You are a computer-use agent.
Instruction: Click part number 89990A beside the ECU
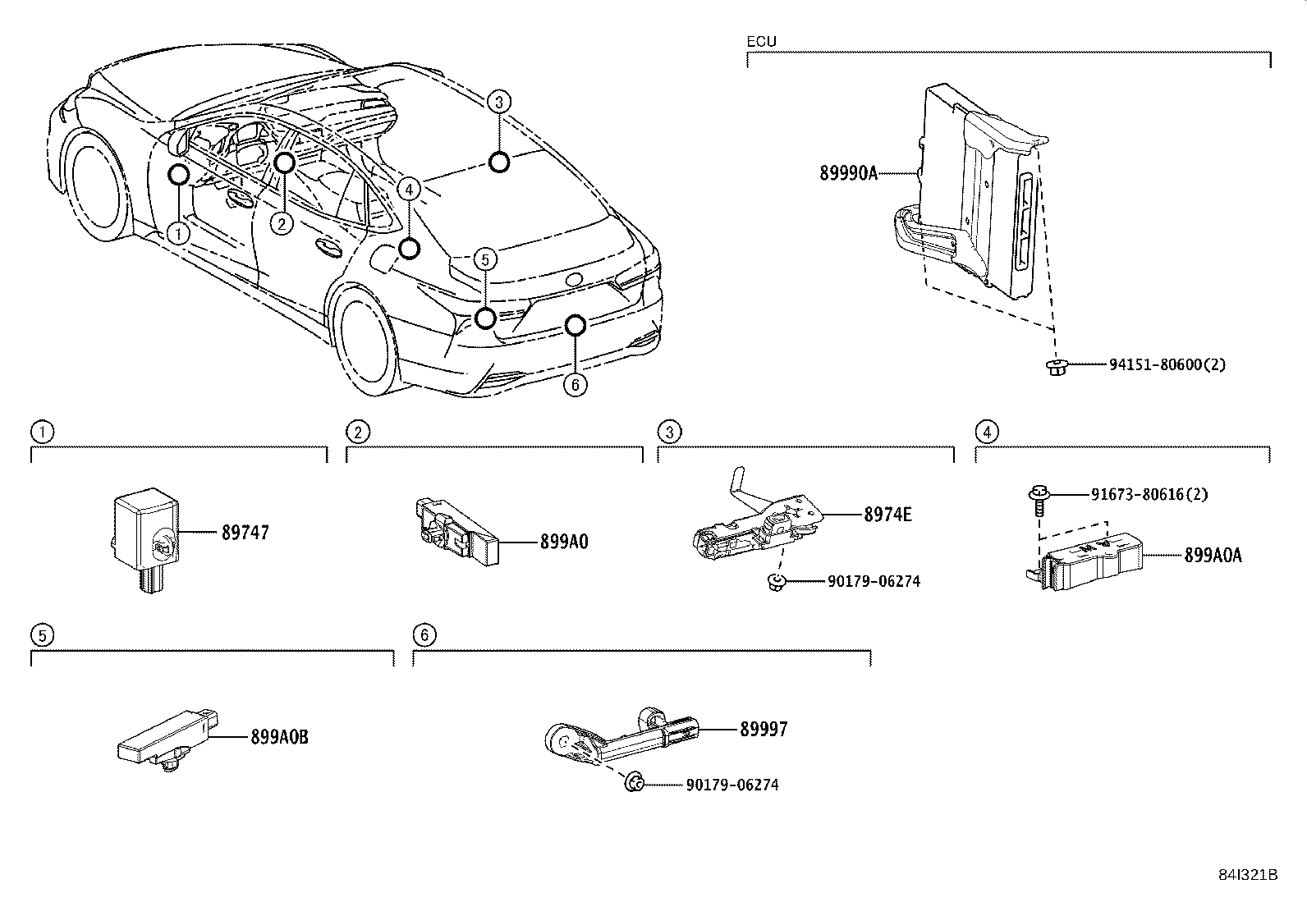click(x=848, y=173)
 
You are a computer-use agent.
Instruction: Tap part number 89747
click(x=245, y=533)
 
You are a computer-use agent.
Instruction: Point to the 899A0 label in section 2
click(x=564, y=542)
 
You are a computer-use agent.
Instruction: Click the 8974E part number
click(x=887, y=515)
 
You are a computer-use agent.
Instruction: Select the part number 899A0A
click(x=1213, y=556)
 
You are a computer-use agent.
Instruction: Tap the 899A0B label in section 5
click(x=279, y=737)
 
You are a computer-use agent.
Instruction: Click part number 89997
click(x=763, y=729)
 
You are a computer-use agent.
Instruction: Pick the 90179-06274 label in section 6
click(x=731, y=785)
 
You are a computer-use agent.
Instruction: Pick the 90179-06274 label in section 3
click(x=874, y=581)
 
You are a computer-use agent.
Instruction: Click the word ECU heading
click(x=761, y=41)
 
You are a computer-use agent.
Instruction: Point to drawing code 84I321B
click(x=1247, y=875)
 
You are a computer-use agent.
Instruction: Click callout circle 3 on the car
click(x=498, y=101)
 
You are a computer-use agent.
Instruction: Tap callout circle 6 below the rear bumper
click(x=576, y=384)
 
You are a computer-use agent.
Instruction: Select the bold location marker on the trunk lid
click(x=498, y=163)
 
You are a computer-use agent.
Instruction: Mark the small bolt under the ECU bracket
click(x=1055, y=366)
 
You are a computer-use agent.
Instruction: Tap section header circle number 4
click(x=986, y=432)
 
